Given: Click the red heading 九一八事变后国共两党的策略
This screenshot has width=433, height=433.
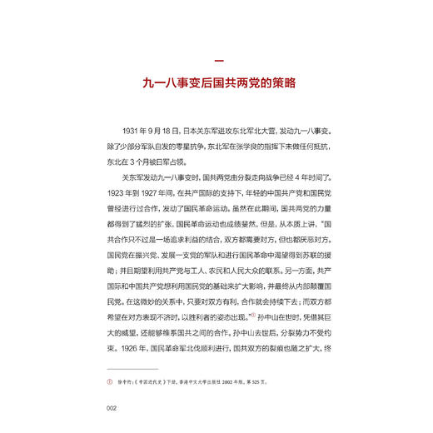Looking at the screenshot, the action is click(216, 84).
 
